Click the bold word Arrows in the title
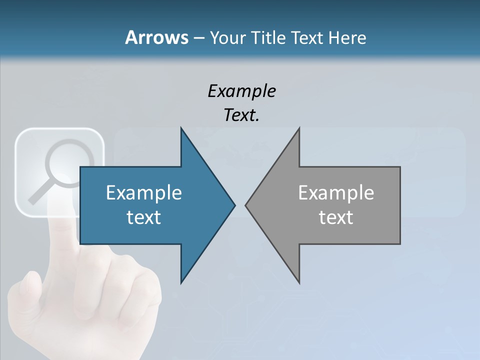pos(156,37)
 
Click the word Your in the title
pos(228,37)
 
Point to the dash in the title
pos(198,38)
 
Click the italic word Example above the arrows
pos(241,91)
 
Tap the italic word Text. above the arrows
pos(241,115)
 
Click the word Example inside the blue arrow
pos(144,192)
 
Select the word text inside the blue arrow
pos(144,217)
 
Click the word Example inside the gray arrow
pos(336,192)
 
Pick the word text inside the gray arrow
pos(336,217)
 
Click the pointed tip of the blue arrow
pos(234,205)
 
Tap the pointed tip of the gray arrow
pos(246,205)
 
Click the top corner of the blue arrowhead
pos(181,128)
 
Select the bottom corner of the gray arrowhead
pos(299,283)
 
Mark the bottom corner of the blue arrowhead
pos(181,283)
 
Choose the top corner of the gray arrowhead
pos(299,128)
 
